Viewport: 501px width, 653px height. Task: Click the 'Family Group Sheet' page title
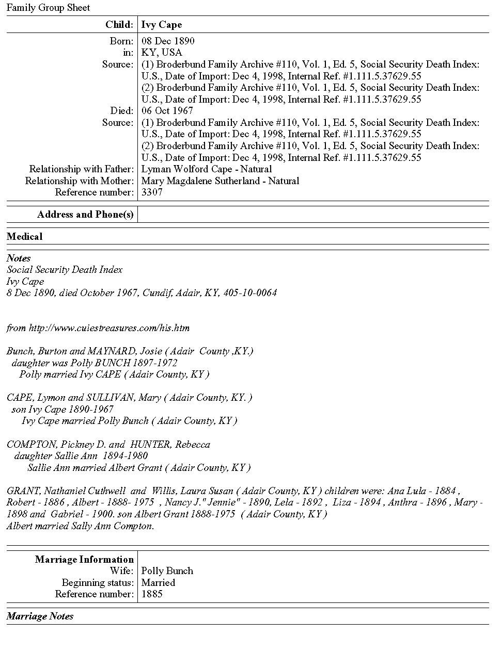[x=48, y=8]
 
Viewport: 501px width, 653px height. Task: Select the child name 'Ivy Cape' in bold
[x=162, y=25]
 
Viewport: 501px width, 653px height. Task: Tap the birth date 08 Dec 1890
[x=168, y=41]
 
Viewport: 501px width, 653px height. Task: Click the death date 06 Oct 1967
[x=167, y=111]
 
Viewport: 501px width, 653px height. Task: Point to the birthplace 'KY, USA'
[x=162, y=53]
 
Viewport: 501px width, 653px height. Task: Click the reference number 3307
[x=152, y=192]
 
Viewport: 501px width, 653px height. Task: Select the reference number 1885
[x=152, y=594]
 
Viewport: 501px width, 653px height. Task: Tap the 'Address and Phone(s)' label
[x=85, y=215]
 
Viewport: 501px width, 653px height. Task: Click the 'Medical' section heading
[x=25, y=237]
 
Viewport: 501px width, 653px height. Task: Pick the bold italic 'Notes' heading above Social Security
[x=19, y=258]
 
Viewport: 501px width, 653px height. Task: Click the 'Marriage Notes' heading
[x=40, y=616]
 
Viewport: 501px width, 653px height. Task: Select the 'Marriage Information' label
[x=84, y=560]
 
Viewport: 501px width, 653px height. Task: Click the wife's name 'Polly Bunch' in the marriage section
[x=167, y=571]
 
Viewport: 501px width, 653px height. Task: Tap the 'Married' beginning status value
[x=158, y=583]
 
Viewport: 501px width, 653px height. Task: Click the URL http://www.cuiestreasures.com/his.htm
[x=109, y=328]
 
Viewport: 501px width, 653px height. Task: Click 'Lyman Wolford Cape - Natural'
[x=207, y=169]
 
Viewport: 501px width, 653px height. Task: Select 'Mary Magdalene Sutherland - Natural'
[x=220, y=181]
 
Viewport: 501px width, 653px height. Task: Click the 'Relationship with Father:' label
[x=82, y=169]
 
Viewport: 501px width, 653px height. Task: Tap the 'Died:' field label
[x=122, y=111]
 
